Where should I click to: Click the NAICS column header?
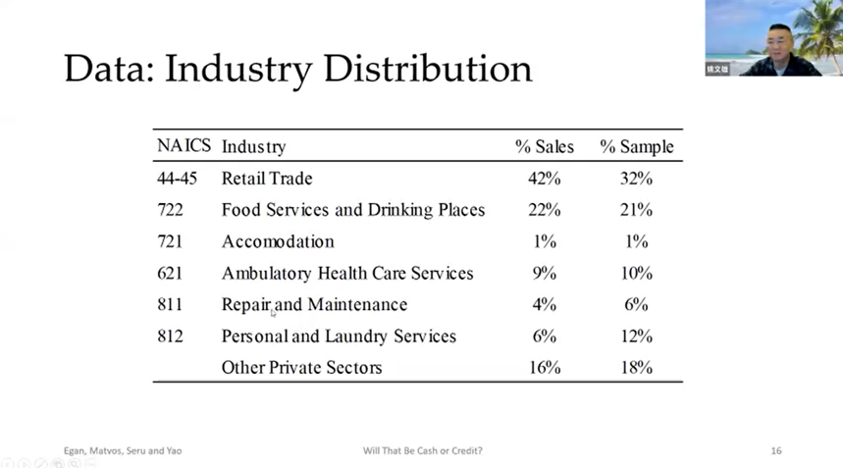coord(184,146)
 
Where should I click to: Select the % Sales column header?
coord(544,147)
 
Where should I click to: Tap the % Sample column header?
coord(637,147)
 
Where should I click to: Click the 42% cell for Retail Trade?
coord(544,179)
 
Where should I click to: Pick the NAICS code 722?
coord(171,210)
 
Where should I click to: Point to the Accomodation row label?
coord(278,241)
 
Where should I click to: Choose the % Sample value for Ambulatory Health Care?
coord(636,273)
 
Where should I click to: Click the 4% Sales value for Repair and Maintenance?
coord(544,304)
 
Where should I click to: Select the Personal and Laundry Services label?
coord(339,337)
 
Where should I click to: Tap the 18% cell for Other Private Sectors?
coord(636,368)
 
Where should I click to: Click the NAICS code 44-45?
coord(178,179)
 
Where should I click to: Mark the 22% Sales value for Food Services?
coord(544,210)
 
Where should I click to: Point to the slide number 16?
coord(775,450)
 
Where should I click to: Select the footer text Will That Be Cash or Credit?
coord(422,450)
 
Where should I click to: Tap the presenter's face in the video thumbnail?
coord(779,41)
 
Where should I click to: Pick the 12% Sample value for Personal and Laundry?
coord(636,337)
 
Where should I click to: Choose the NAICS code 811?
coord(170,304)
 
